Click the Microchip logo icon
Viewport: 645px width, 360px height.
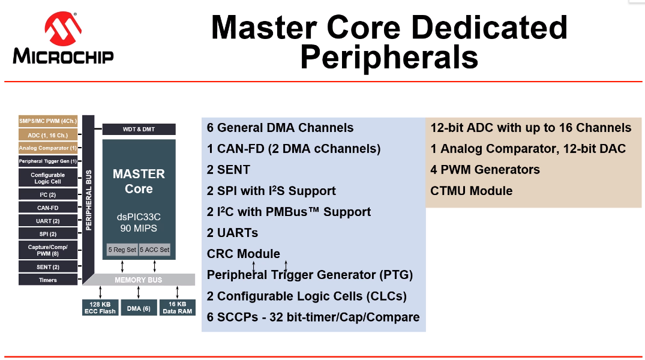(x=63, y=29)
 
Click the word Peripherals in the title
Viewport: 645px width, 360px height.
(x=389, y=58)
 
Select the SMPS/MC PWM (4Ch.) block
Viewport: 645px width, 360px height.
(x=48, y=121)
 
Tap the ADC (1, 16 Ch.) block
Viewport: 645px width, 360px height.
(x=48, y=135)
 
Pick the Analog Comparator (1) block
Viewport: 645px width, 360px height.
(x=48, y=148)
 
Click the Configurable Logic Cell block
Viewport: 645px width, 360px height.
(x=48, y=178)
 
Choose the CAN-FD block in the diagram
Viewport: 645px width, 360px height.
(x=48, y=208)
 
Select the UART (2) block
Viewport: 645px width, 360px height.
(x=48, y=221)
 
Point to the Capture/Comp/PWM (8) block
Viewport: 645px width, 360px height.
(x=48, y=250)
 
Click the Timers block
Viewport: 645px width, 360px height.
(x=48, y=280)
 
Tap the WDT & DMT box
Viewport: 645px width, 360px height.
(x=139, y=129)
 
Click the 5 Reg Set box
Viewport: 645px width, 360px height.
(x=122, y=250)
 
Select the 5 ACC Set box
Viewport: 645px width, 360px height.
(x=155, y=250)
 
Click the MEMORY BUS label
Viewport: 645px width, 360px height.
(x=139, y=280)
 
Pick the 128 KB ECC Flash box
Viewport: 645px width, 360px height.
(x=100, y=308)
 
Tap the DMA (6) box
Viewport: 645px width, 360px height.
(x=139, y=308)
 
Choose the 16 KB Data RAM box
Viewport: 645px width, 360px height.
(x=178, y=308)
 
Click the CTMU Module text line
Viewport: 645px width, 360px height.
(x=472, y=191)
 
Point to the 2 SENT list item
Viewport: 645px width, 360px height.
(x=229, y=170)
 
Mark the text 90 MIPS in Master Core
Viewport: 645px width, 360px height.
(x=139, y=229)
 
